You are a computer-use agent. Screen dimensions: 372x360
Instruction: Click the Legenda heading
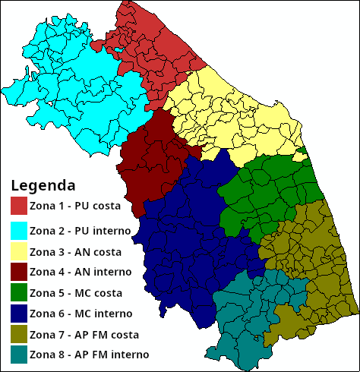point(43,185)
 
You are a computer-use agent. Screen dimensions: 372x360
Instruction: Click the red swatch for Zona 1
point(19,206)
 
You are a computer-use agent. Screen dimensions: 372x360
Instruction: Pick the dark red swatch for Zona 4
point(19,271)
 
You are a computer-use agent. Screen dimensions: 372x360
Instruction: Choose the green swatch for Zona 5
point(19,292)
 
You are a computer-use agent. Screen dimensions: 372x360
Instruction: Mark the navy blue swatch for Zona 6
point(19,313)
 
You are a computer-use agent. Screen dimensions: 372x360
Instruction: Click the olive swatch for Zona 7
point(19,334)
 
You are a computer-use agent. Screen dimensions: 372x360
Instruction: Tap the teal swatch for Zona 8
point(19,355)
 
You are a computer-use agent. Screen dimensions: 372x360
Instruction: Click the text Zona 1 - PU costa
point(81,206)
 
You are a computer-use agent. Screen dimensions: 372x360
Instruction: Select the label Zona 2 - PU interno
point(84,229)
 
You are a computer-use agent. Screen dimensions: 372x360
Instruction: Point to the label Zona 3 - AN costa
point(80,251)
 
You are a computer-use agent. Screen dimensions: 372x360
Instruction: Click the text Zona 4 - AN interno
point(84,271)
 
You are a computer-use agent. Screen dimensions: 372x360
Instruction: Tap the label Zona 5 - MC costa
point(81,292)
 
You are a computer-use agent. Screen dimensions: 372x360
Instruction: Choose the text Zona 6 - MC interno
point(84,313)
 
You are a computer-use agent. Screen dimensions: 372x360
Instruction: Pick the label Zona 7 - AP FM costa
point(88,334)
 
